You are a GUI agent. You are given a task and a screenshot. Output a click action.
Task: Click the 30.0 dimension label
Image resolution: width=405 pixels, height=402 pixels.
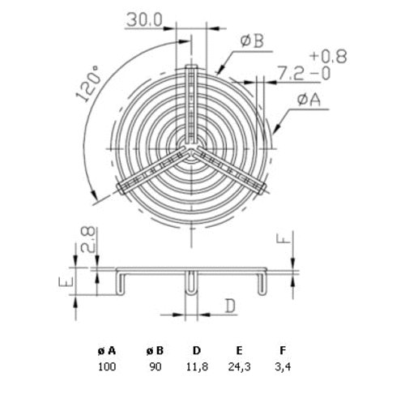144,19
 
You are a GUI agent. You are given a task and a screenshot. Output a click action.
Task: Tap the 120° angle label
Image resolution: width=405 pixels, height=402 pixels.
88,83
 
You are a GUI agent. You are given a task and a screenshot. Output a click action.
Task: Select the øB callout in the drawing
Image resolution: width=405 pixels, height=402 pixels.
252,41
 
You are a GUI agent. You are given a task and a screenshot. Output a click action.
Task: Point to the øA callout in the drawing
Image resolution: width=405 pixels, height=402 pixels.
309,100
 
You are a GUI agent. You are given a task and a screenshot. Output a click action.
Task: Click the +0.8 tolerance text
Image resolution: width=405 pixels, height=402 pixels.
328,57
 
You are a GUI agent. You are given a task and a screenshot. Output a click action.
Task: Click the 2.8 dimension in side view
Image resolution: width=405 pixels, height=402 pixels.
88,239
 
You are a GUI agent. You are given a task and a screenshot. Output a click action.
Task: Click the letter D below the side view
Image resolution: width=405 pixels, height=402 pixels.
230,306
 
